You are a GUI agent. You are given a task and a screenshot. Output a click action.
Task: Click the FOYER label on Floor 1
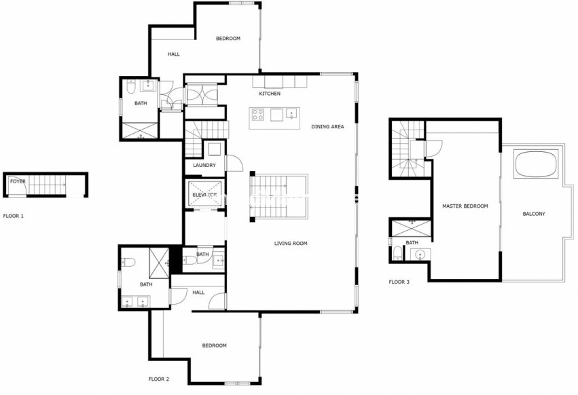pos(17,181)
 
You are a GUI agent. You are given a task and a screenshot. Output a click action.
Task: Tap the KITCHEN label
pos(270,94)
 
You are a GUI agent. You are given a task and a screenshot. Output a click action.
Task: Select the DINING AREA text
pos(327,127)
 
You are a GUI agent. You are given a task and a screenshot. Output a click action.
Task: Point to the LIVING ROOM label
pos(291,244)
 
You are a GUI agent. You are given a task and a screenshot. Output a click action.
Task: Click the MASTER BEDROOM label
pos(465,206)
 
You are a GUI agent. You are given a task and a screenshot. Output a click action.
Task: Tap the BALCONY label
pos(534,214)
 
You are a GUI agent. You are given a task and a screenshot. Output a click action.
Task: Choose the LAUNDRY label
pos(204,166)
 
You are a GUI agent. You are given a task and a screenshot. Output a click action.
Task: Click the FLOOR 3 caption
pos(399,282)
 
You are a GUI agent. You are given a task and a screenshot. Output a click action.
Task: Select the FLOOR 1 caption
pos(13,216)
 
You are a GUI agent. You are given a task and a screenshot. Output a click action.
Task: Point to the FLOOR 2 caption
pos(159,379)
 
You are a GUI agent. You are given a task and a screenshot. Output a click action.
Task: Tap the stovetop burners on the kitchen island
pos(258,114)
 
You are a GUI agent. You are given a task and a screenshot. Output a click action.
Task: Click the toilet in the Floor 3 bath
pos(397,255)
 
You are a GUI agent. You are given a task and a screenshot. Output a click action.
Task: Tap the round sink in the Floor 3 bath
pos(420,255)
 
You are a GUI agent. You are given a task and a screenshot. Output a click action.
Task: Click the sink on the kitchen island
pos(293,113)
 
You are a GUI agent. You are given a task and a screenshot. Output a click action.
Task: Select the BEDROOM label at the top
pos(228,39)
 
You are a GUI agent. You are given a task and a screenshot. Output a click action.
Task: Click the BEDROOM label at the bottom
pos(214,345)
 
